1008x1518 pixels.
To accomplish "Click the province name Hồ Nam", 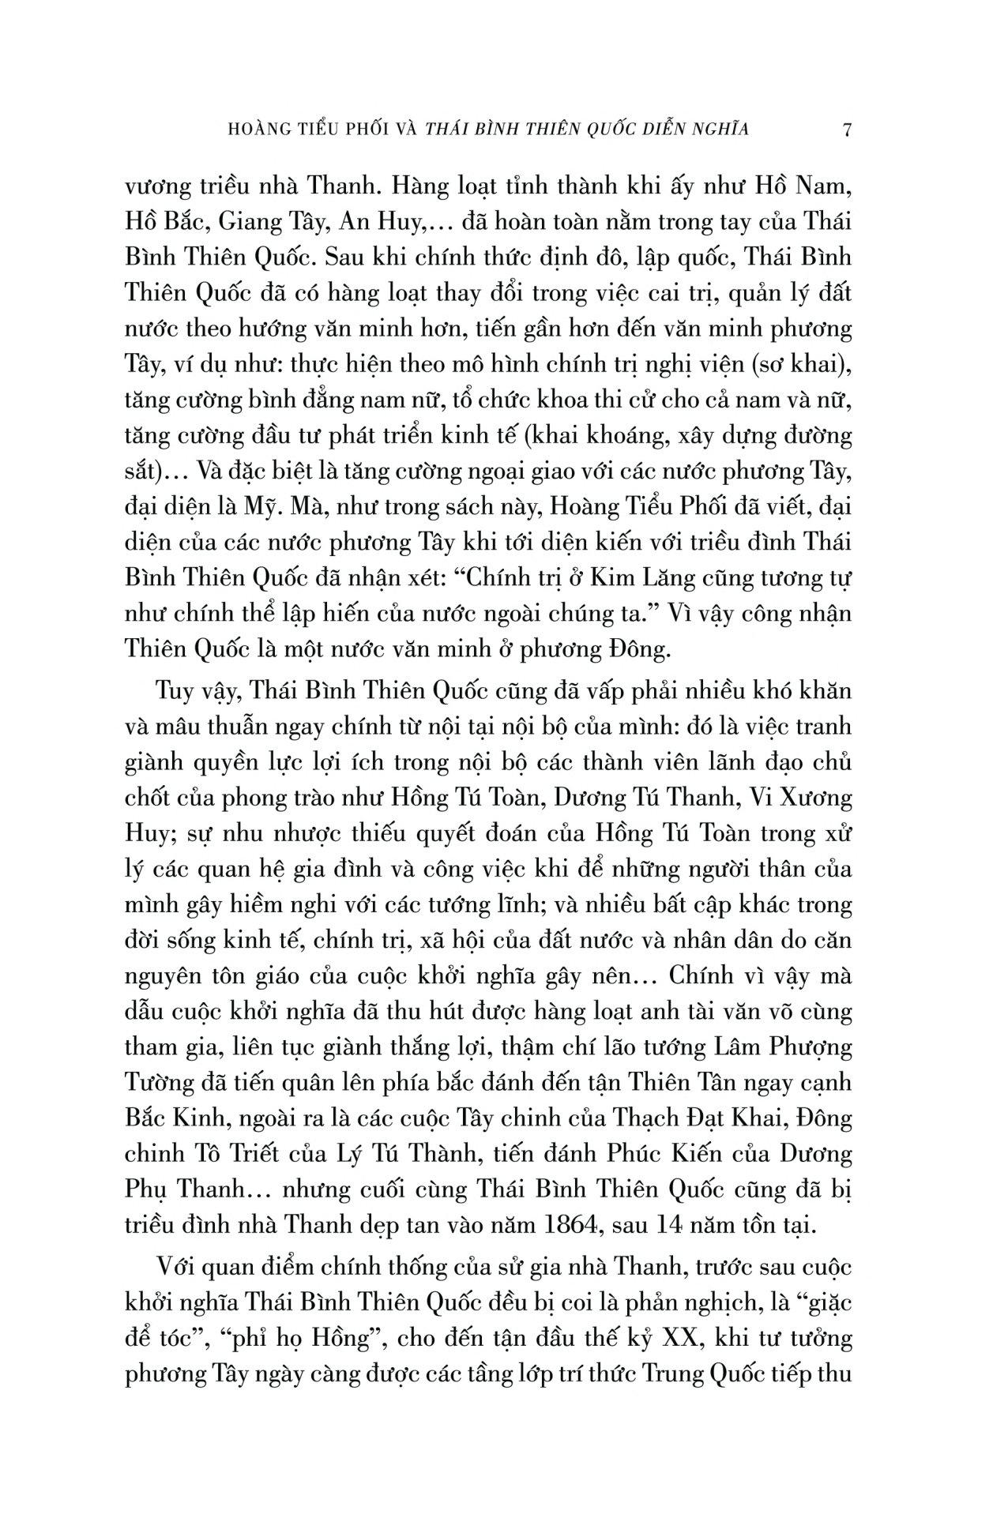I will coord(811,188).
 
